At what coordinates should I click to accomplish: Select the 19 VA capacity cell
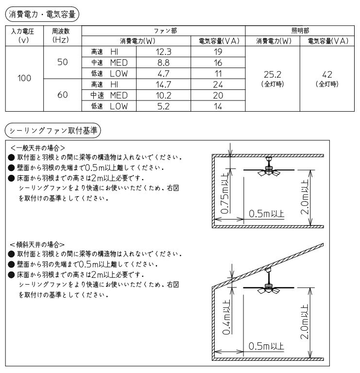coord(218,51)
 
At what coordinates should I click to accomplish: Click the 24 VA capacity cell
coord(218,85)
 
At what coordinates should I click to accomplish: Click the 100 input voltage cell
coord(24,78)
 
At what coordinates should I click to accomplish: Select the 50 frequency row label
coord(62,62)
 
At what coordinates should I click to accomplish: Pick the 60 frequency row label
coord(62,95)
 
